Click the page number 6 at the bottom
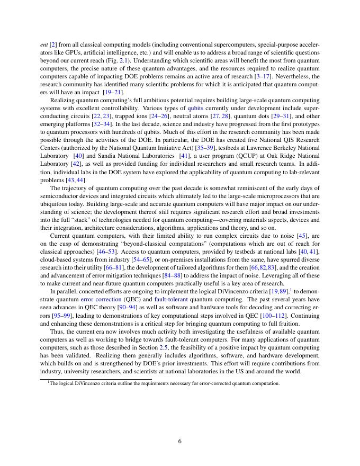coord(180,441)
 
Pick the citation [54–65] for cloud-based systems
coord(123,258)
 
